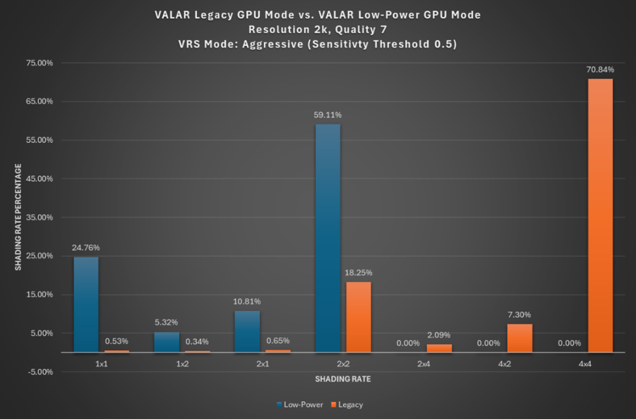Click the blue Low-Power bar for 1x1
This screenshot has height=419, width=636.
pos(85,305)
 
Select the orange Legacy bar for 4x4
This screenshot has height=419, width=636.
pos(600,216)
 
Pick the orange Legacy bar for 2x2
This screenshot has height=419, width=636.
pos(358,317)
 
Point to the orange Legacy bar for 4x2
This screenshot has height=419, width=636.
pos(519,338)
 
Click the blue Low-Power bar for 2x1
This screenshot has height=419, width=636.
pos(247,331)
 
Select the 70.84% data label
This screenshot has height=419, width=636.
pos(600,70)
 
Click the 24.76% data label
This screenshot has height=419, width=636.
pos(85,248)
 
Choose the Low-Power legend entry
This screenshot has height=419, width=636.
pos(302,405)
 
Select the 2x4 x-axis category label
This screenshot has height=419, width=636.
pos(423,364)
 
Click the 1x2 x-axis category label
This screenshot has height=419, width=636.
pos(182,364)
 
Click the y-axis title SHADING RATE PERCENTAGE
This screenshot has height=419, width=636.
pos(18,218)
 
